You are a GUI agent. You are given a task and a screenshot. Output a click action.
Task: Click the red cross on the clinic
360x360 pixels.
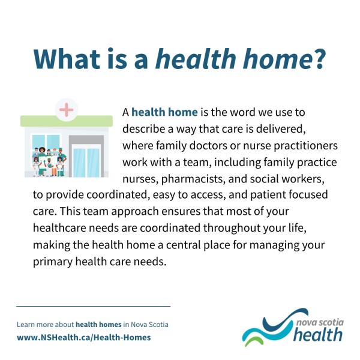[x=67, y=110]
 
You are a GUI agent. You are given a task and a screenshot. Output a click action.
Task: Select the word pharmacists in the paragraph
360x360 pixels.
[x=202, y=179]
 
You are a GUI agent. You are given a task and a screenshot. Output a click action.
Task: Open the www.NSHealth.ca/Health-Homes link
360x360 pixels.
[x=83, y=337]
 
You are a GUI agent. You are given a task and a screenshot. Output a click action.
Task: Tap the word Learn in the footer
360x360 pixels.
[x=27, y=325]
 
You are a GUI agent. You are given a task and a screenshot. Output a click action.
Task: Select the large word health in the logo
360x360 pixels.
[x=318, y=334]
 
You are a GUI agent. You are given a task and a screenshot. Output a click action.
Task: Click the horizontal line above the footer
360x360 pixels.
[x=93, y=306]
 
